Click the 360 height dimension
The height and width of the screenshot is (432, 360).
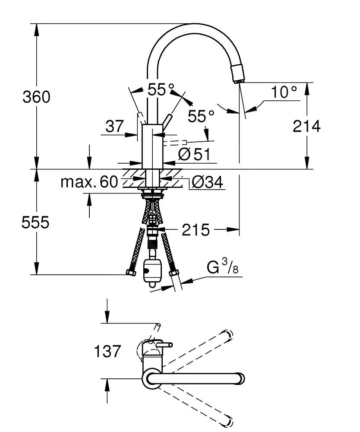pyautogui.click(x=36, y=97)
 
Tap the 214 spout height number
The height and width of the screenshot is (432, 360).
pyautogui.click(x=306, y=127)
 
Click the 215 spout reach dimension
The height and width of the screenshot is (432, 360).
pyautogui.click(x=195, y=230)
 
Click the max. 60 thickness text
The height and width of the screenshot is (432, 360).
pyautogui.click(x=89, y=182)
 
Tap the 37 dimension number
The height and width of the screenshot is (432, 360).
pyautogui.click(x=114, y=127)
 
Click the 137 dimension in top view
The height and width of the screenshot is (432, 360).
pyautogui.click(x=107, y=351)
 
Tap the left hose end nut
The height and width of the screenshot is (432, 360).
pyautogui.click(x=130, y=273)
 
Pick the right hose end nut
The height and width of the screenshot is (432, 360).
pyautogui.click(x=174, y=273)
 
